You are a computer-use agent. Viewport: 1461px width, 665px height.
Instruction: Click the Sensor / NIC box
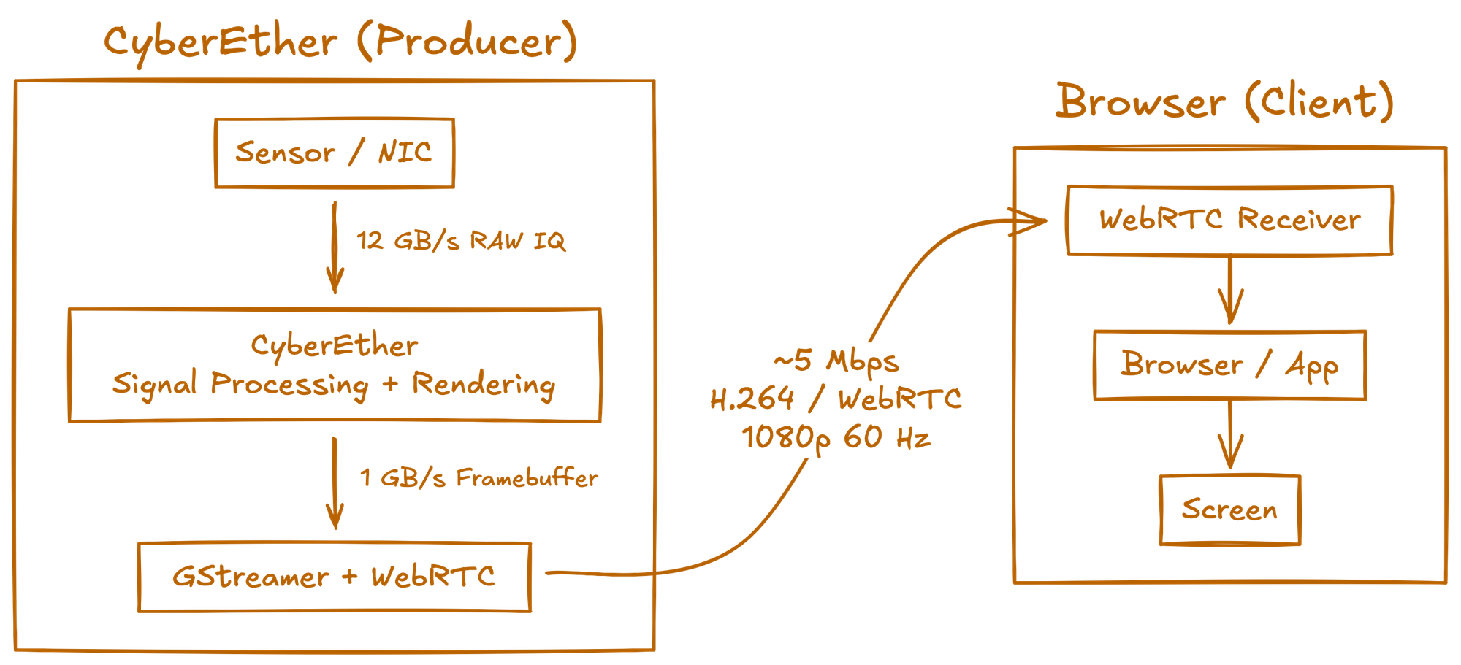(x=335, y=153)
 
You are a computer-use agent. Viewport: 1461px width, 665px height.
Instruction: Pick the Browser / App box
(x=1229, y=365)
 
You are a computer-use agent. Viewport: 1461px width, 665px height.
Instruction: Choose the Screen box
(x=1230, y=510)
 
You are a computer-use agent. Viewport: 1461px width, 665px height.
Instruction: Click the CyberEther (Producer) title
(x=340, y=42)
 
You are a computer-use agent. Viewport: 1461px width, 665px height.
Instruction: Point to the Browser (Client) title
(x=1225, y=102)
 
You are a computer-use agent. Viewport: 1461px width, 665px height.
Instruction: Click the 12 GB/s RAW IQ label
(x=461, y=241)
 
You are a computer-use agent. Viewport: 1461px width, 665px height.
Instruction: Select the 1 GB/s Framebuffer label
(x=478, y=478)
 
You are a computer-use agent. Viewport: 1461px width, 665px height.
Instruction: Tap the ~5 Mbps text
(x=836, y=361)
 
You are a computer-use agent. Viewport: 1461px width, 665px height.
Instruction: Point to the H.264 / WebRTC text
(x=836, y=399)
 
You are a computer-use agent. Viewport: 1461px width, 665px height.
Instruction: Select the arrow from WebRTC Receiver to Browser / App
(x=1230, y=292)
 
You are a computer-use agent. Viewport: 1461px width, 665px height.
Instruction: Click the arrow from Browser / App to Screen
(x=1230, y=437)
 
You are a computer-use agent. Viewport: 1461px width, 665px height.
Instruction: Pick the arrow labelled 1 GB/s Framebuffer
(x=335, y=483)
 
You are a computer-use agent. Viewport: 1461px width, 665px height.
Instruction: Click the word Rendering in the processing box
(x=483, y=385)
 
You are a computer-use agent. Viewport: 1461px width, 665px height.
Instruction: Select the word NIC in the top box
(x=404, y=153)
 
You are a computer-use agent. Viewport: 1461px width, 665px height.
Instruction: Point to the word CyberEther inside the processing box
(x=335, y=345)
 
